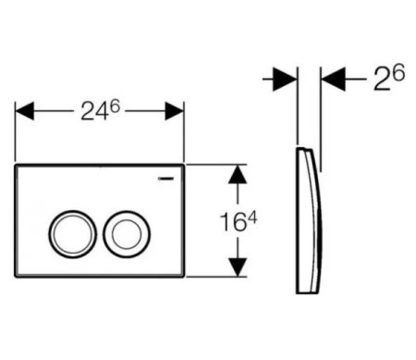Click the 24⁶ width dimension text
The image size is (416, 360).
click(x=100, y=112)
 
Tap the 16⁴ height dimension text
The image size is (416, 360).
click(x=239, y=222)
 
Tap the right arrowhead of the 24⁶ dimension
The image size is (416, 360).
click(x=174, y=112)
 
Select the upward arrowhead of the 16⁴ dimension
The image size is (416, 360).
click(x=239, y=176)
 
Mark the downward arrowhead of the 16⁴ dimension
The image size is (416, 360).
click(x=239, y=267)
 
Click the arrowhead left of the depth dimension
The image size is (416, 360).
click(x=288, y=81)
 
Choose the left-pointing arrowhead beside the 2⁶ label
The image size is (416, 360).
click(x=331, y=81)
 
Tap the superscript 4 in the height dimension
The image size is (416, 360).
click(x=252, y=215)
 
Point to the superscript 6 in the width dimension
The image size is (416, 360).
click(x=117, y=105)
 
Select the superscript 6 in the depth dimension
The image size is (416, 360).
click(x=398, y=73)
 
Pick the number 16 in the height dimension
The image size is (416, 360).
click(x=233, y=224)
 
